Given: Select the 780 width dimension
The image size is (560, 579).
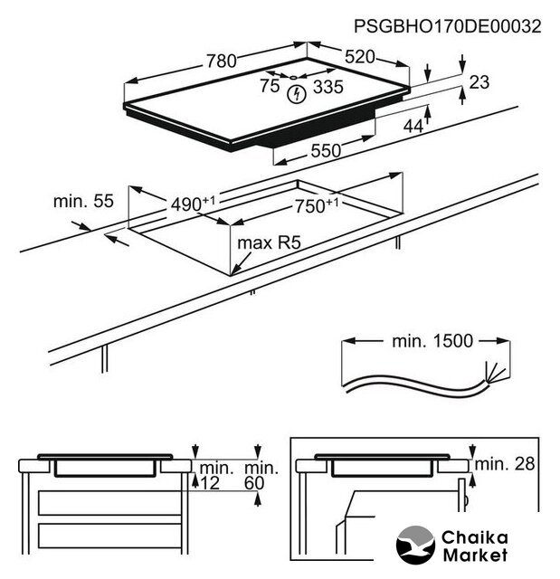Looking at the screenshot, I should pyautogui.click(x=221, y=62).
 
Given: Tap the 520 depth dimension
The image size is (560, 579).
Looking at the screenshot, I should pyautogui.click(x=359, y=57).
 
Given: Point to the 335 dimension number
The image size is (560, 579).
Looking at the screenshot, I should pyautogui.click(x=329, y=86).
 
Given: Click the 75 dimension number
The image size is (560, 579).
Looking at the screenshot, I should pyautogui.click(x=269, y=86).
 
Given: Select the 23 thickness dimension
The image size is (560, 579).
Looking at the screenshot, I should pyautogui.click(x=479, y=82).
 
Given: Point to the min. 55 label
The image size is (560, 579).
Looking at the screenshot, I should pyautogui.click(x=83, y=201).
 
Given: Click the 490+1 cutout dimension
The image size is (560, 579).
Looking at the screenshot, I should pyautogui.click(x=193, y=204).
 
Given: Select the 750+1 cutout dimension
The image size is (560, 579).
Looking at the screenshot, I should pyautogui.click(x=314, y=206).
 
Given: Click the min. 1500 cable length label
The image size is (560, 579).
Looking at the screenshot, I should pyautogui.click(x=432, y=341).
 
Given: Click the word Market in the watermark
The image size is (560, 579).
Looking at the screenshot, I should pyautogui.click(x=475, y=555).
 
